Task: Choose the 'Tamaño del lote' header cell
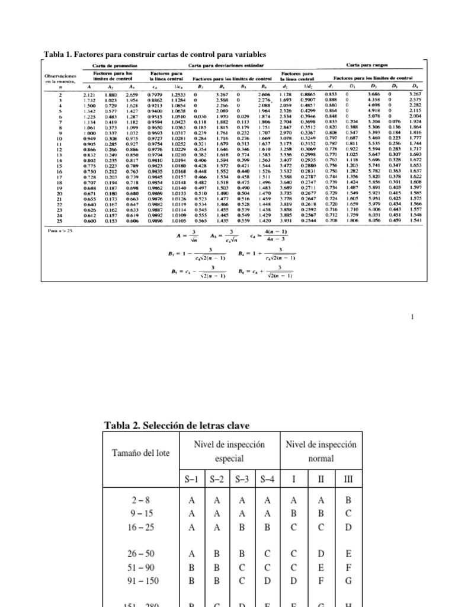pos(140,453)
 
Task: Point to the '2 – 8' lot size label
pos(140,500)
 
